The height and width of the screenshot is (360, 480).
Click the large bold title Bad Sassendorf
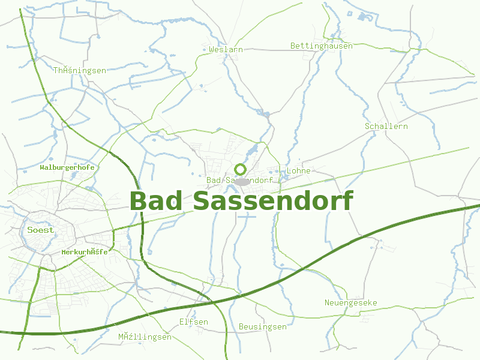pyautogui.click(x=241, y=201)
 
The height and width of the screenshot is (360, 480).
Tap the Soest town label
pyautogui.click(x=40, y=230)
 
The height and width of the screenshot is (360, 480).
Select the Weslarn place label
pyautogui.click(x=226, y=50)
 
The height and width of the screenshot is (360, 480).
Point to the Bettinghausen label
pyautogui.click(x=322, y=46)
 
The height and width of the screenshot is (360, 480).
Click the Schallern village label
pyautogui.click(x=386, y=127)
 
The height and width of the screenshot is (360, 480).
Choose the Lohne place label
pyautogui.click(x=299, y=171)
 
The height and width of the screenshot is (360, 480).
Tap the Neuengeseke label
pyautogui.click(x=351, y=302)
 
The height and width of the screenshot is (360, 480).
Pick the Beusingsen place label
pyautogui.click(x=263, y=327)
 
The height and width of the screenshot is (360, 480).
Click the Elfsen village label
pyautogui.click(x=194, y=322)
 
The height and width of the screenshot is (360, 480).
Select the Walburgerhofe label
pyautogui.click(x=67, y=167)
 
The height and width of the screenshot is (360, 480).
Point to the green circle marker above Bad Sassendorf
pyautogui.click(x=241, y=169)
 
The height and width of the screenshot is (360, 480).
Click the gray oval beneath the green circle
pyautogui.click(x=242, y=181)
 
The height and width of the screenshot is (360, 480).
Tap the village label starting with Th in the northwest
pyautogui.click(x=80, y=71)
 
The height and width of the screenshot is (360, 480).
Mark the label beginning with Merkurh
pyautogui.click(x=85, y=252)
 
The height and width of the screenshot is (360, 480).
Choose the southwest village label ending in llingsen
pyautogui.click(x=145, y=337)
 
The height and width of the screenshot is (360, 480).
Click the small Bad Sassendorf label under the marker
pyautogui.click(x=239, y=180)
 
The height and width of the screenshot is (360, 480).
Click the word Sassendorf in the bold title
pyautogui.click(x=273, y=201)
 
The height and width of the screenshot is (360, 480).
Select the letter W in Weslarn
pyautogui.click(x=212, y=50)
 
